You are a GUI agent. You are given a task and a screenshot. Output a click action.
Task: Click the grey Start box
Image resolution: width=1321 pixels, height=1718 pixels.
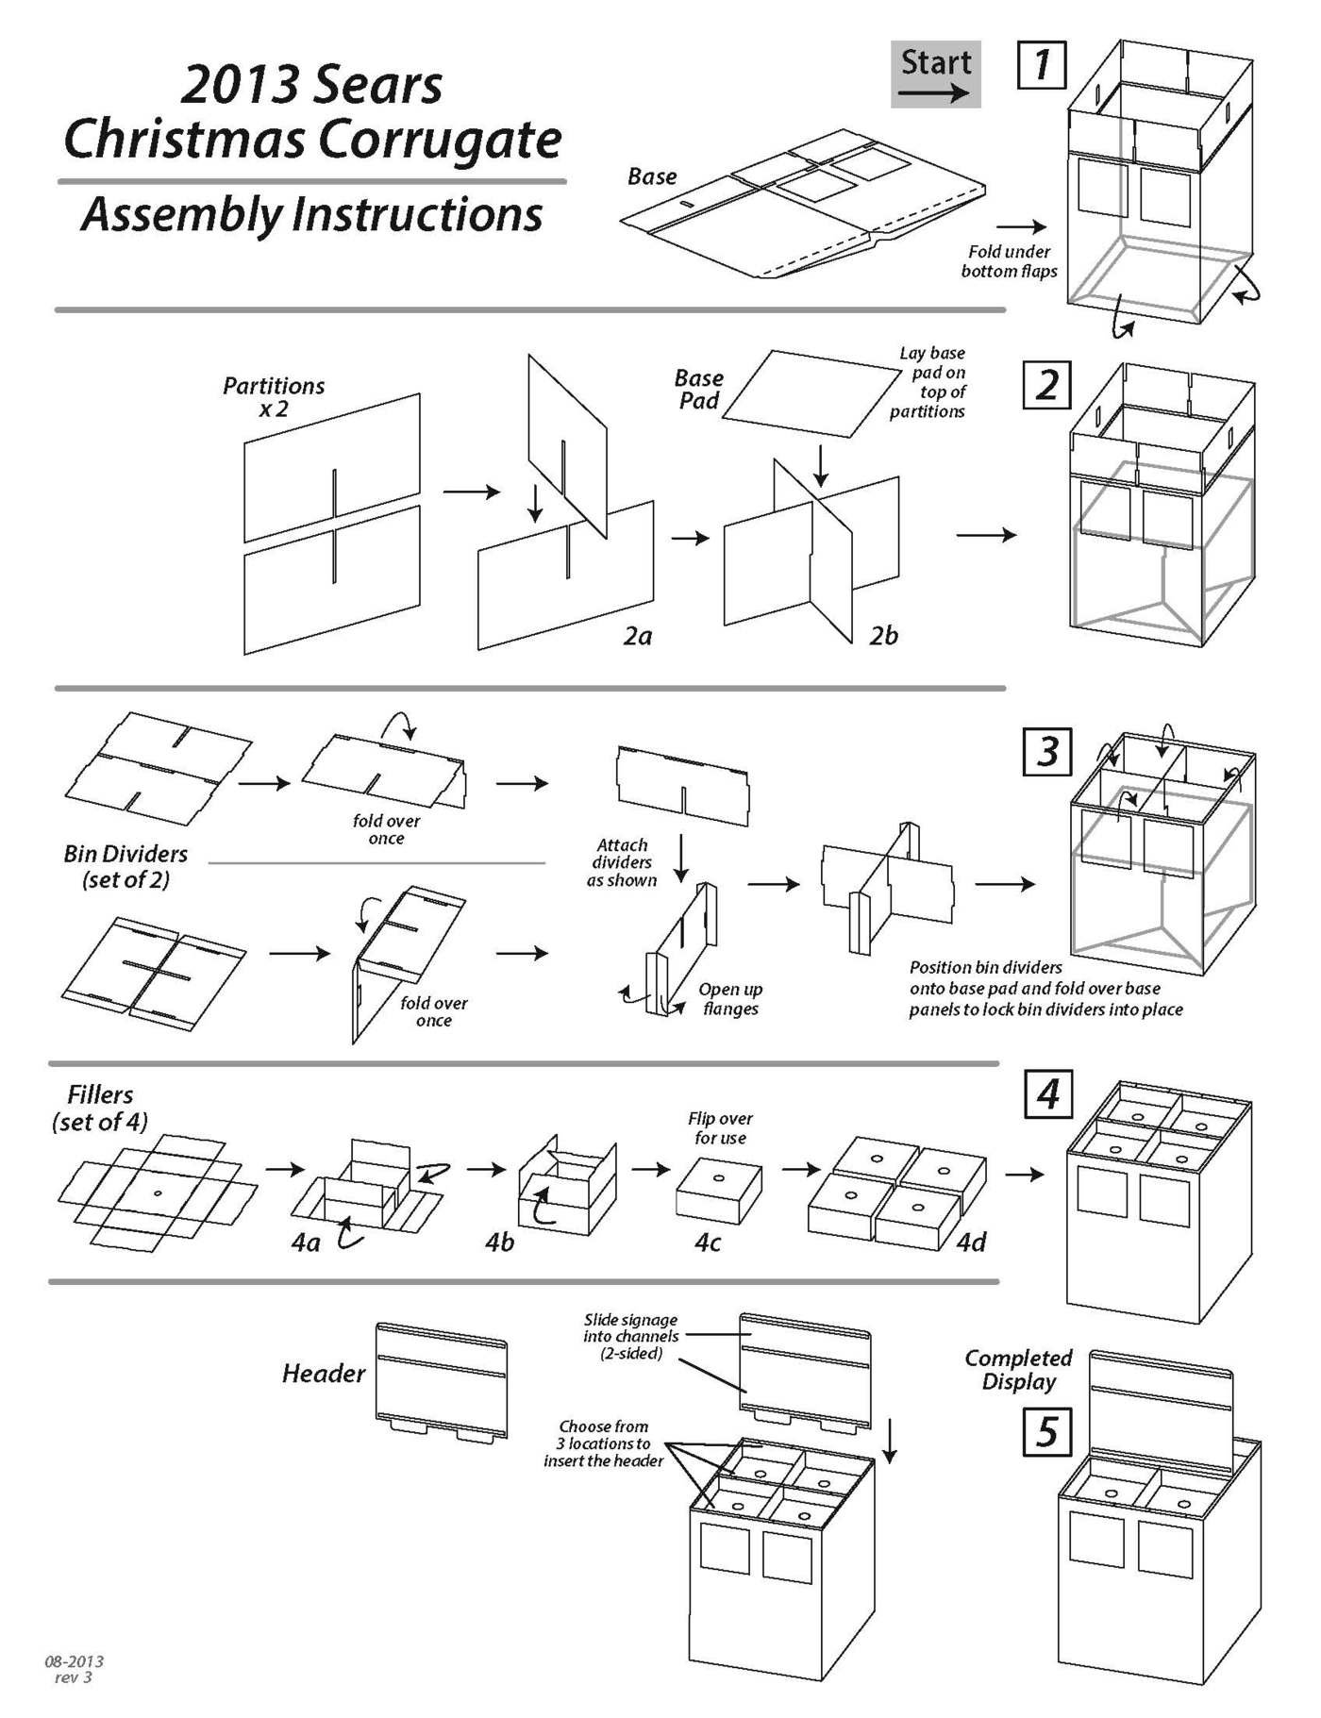(x=935, y=74)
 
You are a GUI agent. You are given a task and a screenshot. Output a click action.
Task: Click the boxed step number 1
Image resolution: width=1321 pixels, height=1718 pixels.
(x=1042, y=65)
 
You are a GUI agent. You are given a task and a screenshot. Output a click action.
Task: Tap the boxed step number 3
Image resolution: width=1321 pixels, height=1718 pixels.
(x=1047, y=752)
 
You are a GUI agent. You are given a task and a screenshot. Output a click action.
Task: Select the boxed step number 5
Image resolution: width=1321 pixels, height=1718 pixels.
(x=1047, y=1431)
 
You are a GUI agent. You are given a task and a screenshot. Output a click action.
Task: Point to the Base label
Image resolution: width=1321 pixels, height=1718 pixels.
(x=652, y=176)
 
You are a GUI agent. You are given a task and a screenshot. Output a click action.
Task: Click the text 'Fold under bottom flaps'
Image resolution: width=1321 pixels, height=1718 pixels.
(x=1009, y=261)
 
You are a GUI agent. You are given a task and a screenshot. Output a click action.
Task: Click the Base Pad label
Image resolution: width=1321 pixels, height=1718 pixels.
(x=698, y=389)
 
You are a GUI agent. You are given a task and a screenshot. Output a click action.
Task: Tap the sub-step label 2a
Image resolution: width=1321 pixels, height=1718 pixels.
(x=638, y=637)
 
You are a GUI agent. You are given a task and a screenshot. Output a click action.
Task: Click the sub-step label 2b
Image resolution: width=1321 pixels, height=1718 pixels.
(x=883, y=637)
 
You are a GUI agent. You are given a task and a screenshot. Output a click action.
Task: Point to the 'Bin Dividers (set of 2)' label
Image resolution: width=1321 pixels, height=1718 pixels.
(x=125, y=866)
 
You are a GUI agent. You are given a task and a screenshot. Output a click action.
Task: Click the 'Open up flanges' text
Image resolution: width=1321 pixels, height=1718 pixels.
(x=730, y=998)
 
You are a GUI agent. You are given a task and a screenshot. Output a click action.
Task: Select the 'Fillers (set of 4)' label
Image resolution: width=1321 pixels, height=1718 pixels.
(x=100, y=1108)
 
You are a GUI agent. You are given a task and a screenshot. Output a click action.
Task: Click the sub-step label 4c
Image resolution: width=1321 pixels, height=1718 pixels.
(x=708, y=1243)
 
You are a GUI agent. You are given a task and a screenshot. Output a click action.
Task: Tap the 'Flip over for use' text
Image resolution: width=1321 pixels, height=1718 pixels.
(x=720, y=1127)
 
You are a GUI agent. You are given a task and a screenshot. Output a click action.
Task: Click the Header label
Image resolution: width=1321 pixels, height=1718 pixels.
(x=323, y=1373)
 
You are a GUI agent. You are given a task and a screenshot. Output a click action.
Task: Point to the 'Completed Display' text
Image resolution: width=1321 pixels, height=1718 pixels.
(x=1018, y=1369)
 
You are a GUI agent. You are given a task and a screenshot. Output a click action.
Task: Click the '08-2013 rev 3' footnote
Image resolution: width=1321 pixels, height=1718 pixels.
(x=74, y=1669)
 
